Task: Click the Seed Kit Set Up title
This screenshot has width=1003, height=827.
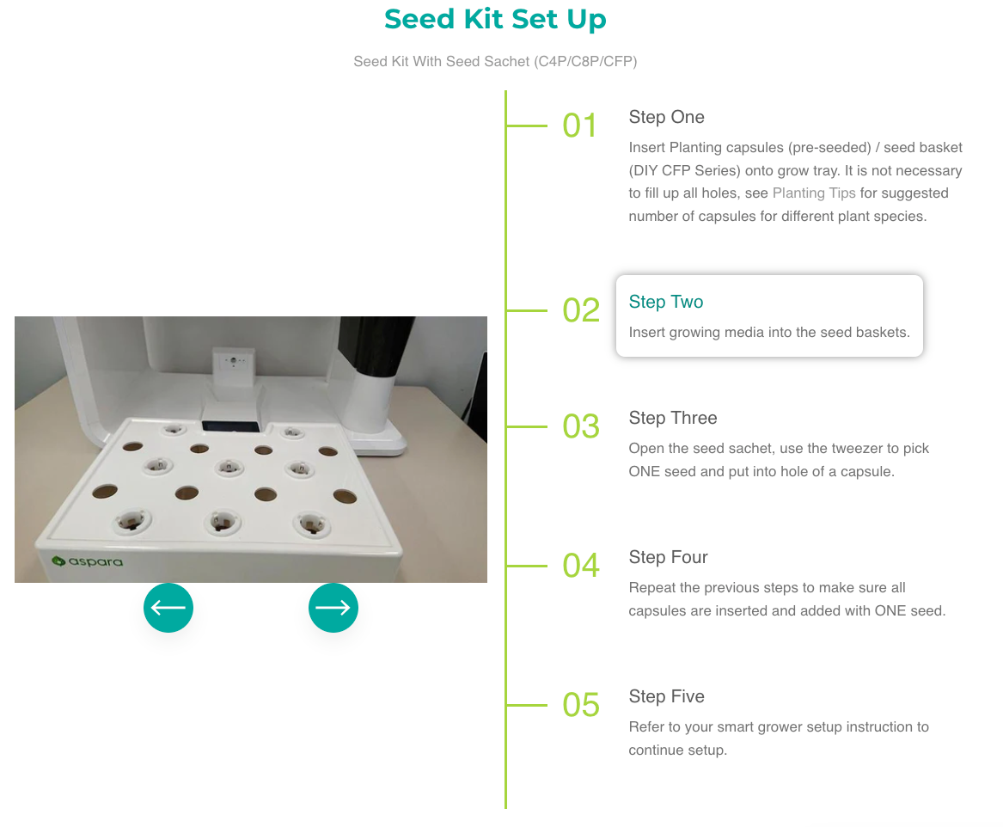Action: tap(495, 19)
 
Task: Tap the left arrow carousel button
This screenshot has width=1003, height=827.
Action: tap(168, 608)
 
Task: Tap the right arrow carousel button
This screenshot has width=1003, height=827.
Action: tap(333, 608)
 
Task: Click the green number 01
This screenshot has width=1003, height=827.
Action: tap(579, 126)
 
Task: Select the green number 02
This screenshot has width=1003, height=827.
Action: tap(581, 310)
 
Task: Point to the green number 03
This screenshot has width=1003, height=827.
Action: tap(581, 426)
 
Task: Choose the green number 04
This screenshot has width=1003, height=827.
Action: tap(581, 566)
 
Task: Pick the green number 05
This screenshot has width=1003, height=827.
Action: tap(581, 706)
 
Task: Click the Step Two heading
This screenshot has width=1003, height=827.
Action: tap(666, 302)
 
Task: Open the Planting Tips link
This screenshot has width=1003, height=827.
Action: tap(814, 193)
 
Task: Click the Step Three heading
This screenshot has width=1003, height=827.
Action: tap(673, 419)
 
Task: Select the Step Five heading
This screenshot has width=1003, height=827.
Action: tap(667, 696)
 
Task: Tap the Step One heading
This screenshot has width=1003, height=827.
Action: tap(667, 117)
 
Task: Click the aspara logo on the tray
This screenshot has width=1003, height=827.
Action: tap(87, 561)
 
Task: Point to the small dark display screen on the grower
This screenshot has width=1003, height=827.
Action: tap(231, 426)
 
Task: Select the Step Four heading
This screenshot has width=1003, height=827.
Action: tap(668, 557)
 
